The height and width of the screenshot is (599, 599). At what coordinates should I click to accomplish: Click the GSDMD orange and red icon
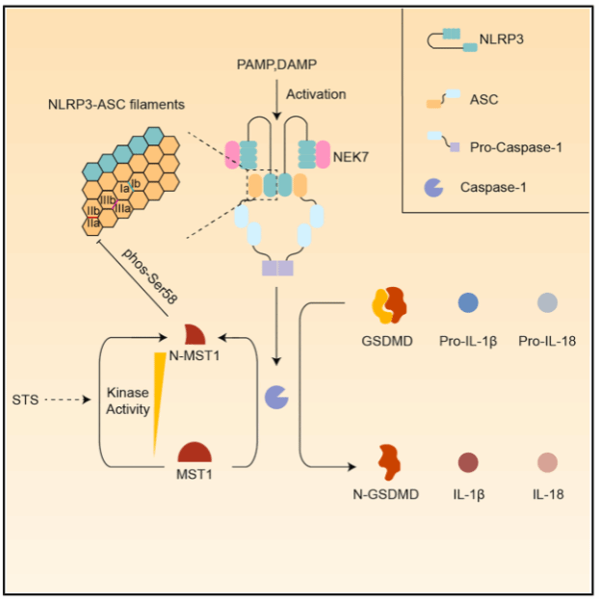click(x=389, y=306)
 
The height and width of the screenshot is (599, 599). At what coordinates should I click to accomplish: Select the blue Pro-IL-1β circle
click(x=468, y=303)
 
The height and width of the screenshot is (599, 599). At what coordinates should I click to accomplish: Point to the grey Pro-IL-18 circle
click(x=546, y=303)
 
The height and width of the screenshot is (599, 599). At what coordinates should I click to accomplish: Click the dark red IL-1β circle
click(x=468, y=460)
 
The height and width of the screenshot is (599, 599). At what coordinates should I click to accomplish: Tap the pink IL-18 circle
click(x=546, y=460)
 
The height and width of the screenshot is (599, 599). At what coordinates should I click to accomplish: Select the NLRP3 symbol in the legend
click(x=444, y=40)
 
